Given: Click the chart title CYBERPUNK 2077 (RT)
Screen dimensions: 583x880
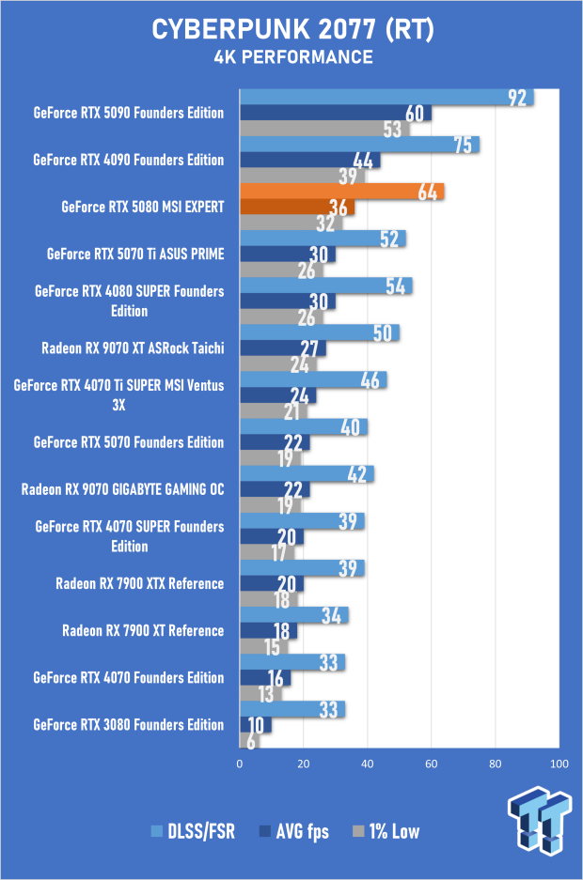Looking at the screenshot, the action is click(x=292, y=30).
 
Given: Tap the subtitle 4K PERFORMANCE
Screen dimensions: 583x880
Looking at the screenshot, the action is click(x=293, y=57).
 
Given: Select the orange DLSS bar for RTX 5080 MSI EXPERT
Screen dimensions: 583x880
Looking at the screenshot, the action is click(x=342, y=192).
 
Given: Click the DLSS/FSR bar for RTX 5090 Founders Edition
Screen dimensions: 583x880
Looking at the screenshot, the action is click(x=387, y=97).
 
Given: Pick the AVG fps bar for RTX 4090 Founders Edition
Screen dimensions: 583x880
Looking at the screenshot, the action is click(x=310, y=160).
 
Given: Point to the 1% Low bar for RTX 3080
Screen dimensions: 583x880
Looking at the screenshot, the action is click(x=249, y=741).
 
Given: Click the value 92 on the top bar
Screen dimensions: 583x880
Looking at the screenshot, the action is click(x=517, y=98).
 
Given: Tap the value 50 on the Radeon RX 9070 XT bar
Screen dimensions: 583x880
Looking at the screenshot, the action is click(x=383, y=333).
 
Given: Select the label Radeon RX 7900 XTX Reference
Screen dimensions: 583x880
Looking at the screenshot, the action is click(x=140, y=583).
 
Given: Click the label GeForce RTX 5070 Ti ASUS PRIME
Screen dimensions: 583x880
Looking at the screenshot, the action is click(x=135, y=254).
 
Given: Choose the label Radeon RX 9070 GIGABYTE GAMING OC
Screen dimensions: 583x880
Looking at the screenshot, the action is click(x=122, y=489).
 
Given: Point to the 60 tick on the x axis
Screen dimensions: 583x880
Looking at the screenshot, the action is click(x=431, y=764).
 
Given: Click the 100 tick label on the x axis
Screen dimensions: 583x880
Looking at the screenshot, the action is click(x=559, y=764).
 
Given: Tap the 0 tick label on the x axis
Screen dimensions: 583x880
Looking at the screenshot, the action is click(x=240, y=764).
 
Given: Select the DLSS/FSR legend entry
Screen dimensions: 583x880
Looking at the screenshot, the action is click(x=193, y=831).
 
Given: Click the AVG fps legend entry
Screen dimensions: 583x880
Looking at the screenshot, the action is click(x=294, y=831).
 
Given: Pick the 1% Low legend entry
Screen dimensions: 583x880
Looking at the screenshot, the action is click(x=386, y=831).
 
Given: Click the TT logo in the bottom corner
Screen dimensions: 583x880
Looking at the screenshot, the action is click(x=541, y=820).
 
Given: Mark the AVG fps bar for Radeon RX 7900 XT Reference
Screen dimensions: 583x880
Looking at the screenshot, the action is click(x=269, y=631).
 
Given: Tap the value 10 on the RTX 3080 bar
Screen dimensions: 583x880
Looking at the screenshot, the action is click(x=256, y=725).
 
